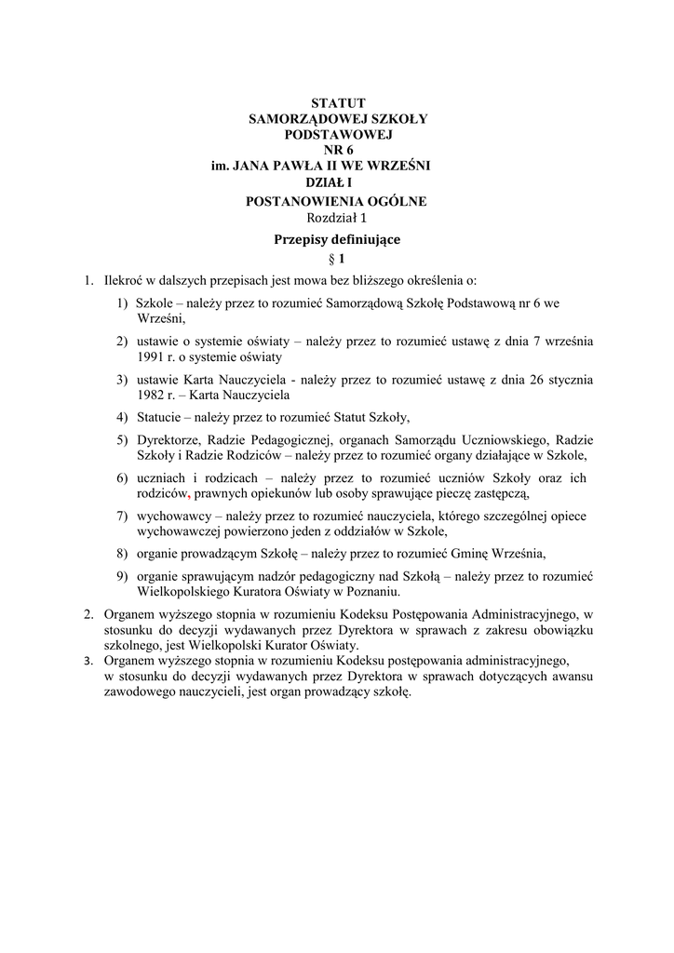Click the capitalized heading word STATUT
tap(338, 102)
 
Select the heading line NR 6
tap(338, 150)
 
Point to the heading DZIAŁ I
tap(337, 182)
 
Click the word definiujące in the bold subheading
tap(366, 239)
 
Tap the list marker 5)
tap(122, 440)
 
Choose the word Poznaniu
tap(373, 591)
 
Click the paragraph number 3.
tap(87, 661)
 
